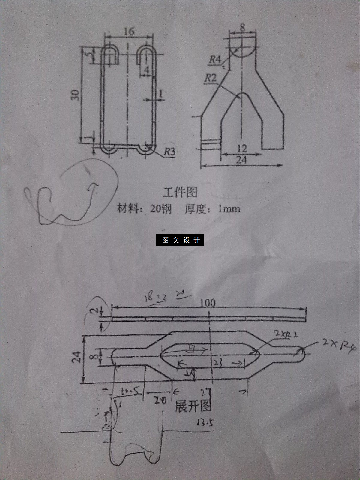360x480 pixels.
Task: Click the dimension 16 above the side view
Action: (x=129, y=31)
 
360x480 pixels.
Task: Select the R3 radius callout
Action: (x=169, y=152)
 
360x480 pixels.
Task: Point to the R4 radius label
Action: (x=215, y=60)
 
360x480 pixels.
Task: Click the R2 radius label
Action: (x=211, y=78)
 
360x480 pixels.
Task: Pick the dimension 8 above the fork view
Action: (x=242, y=27)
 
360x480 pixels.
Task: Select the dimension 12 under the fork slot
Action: (x=242, y=148)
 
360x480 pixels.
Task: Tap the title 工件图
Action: (x=180, y=192)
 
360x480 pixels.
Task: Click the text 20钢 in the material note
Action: (x=161, y=209)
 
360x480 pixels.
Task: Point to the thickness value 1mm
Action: (x=229, y=209)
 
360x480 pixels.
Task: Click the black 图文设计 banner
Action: (x=180, y=240)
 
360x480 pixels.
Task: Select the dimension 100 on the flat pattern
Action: (x=208, y=303)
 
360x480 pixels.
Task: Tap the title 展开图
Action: (x=193, y=406)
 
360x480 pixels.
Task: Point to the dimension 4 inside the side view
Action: (x=147, y=70)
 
